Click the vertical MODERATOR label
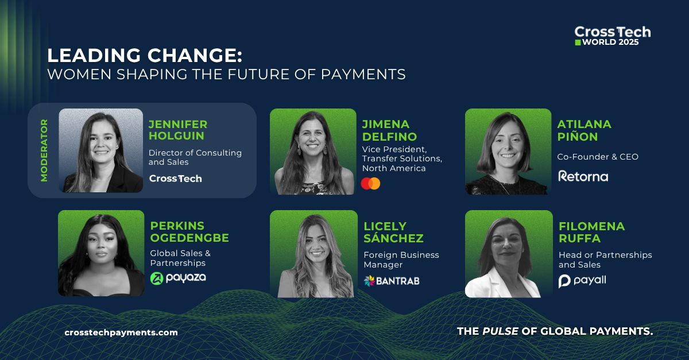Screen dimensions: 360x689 tap(44, 150)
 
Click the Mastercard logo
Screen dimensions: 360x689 tap(370, 184)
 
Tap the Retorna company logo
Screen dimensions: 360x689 tap(583, 176)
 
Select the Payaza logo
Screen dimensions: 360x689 tap(177, 278)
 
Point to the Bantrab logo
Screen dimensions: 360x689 tap(392, 280)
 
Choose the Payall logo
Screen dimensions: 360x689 tap(582, 281)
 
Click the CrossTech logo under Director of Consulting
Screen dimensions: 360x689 tap(175, 179)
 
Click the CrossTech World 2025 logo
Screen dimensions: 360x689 tap(612, 36)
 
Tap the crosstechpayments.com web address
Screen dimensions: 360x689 tap(121, 332)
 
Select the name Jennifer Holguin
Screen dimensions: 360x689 tap(178, 130)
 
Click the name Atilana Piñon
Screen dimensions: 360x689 tap(584, 130)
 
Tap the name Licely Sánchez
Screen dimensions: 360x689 tap(393, 232)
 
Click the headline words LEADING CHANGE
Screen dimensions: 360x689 tap(145, 56)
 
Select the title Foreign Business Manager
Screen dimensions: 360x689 tap(401, 260)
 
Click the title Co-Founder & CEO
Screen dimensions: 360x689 tap(598, 157)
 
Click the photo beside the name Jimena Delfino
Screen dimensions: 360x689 tap(313, 152)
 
